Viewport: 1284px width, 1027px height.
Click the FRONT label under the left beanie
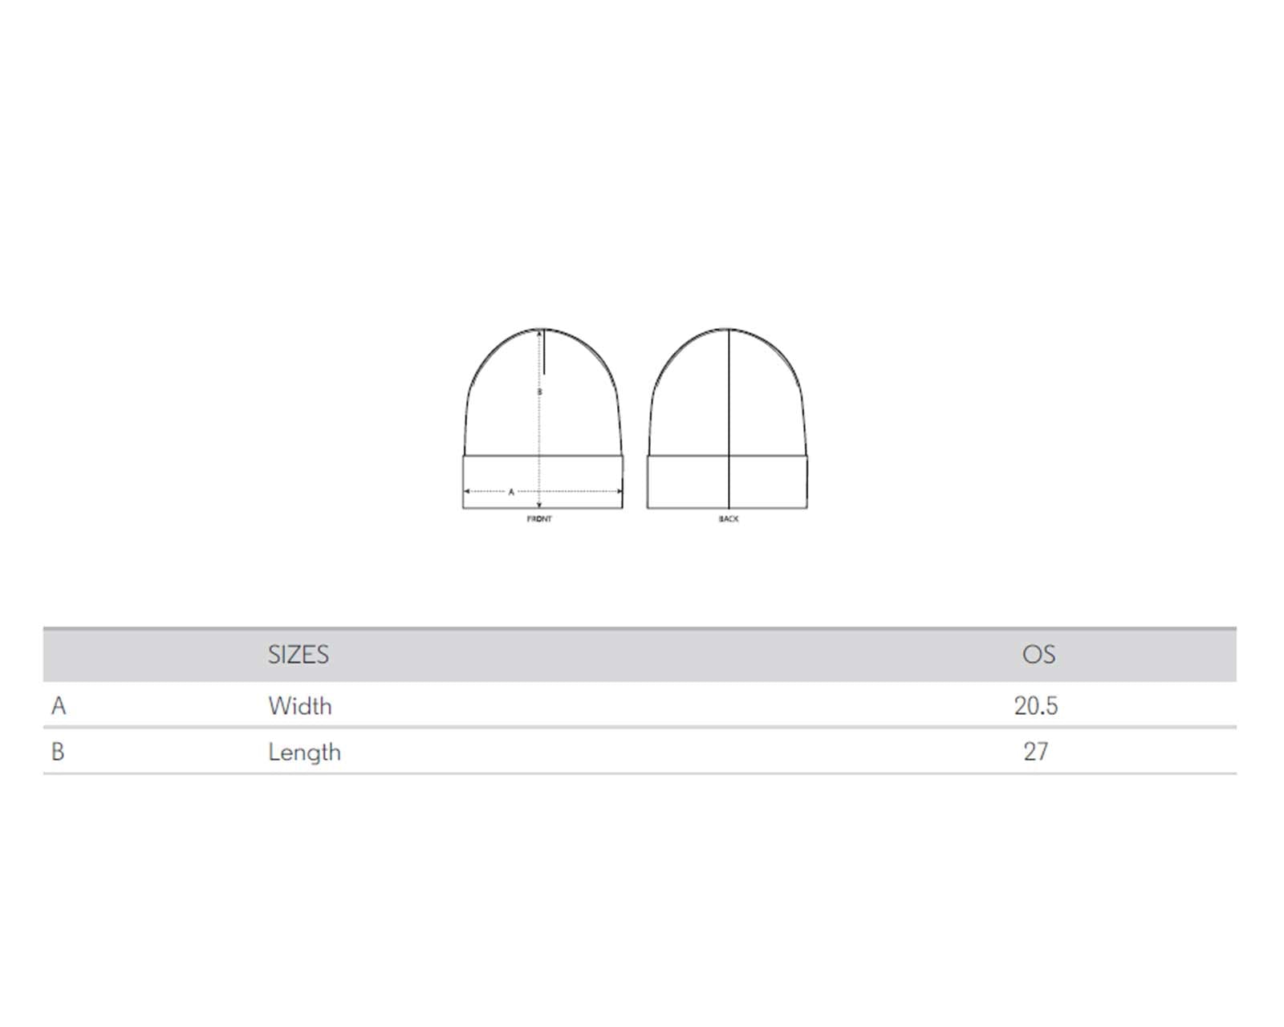(538, 518)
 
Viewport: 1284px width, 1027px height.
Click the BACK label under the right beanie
(729, 518)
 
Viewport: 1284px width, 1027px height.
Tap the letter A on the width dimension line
(510, 492)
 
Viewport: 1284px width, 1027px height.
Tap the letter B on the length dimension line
(539, 392)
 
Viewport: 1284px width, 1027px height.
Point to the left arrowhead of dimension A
(466, 491)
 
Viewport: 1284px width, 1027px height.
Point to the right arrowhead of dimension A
(620, 491)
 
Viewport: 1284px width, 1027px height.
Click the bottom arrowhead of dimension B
(539, 505)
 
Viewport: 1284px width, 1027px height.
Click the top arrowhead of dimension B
(539, 332)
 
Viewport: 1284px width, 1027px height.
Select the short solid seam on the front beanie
(543, 351)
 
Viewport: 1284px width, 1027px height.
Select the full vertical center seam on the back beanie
(729, 418)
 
